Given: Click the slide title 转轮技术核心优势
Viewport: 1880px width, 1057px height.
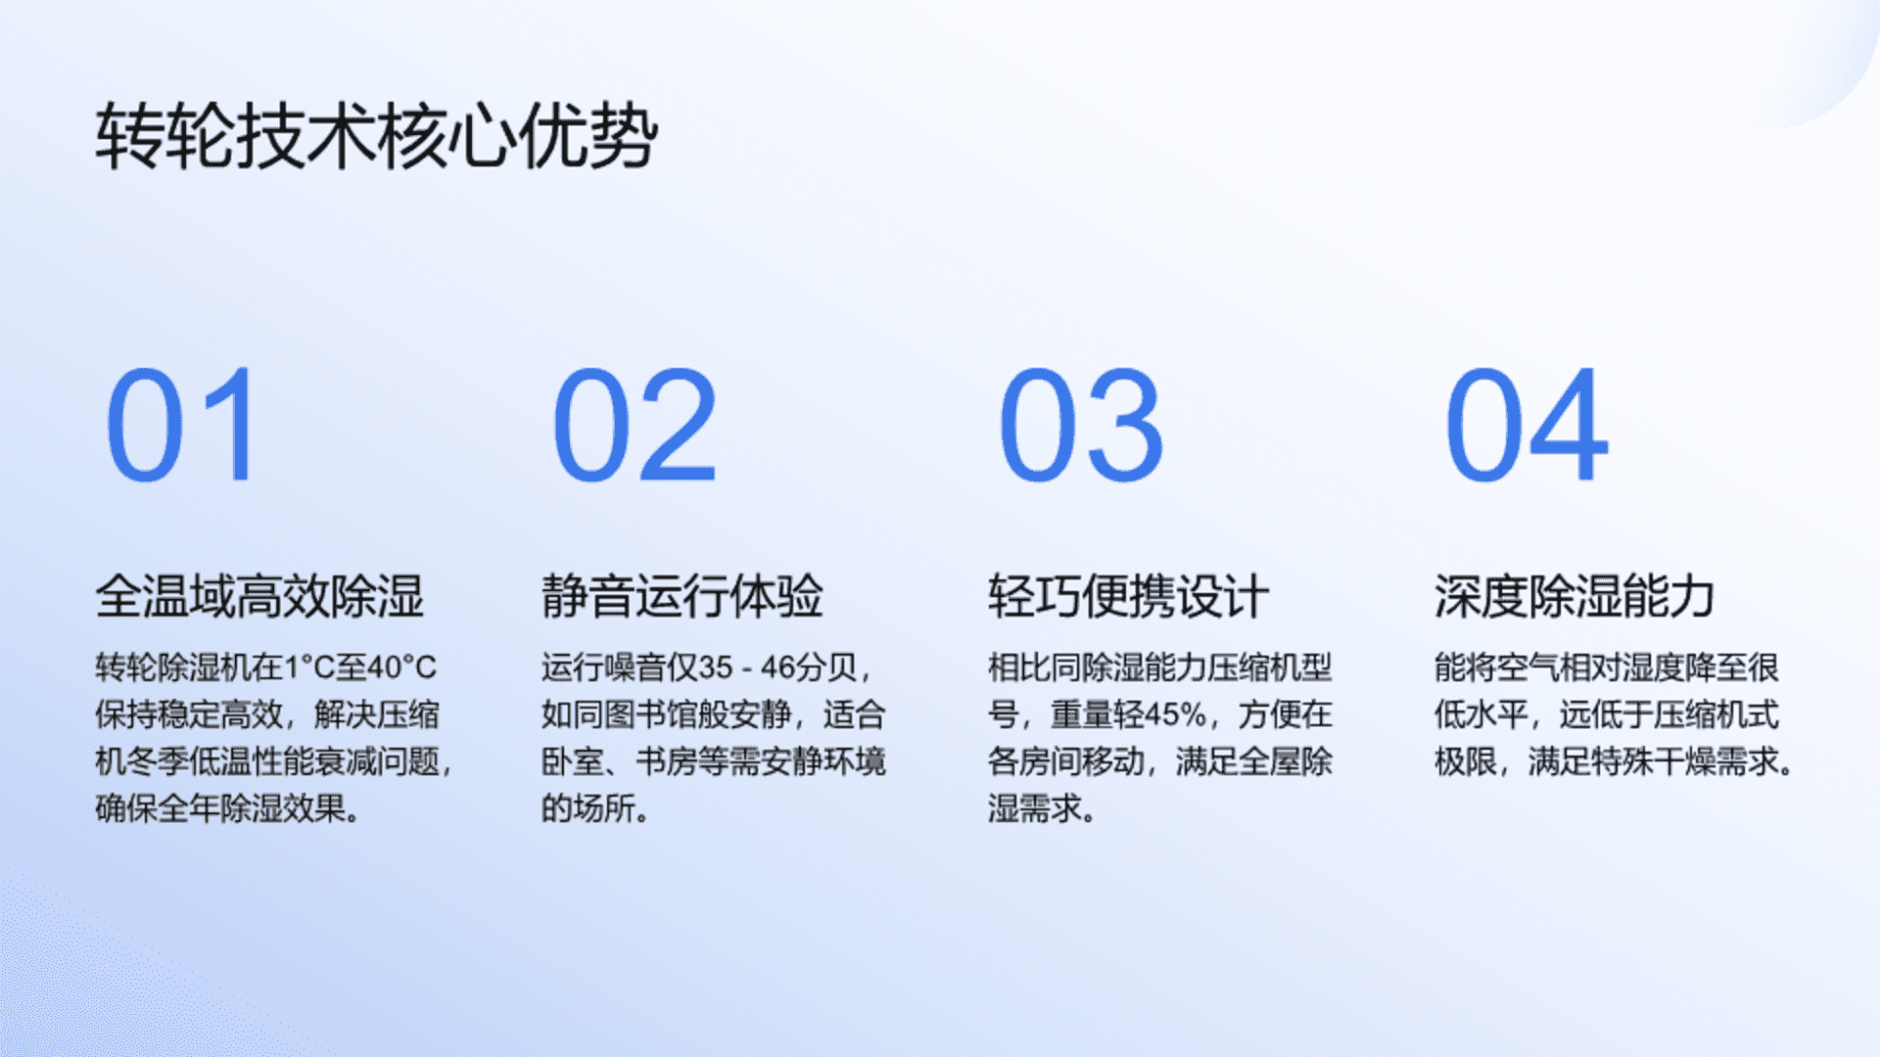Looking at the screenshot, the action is (x=377, y=136).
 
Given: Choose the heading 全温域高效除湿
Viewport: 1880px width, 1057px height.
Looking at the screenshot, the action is (x=259, y=596).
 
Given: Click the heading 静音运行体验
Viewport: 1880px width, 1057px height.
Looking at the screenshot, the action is (x=682, y=596).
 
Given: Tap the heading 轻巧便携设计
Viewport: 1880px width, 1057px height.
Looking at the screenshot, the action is (x=1129, y=596).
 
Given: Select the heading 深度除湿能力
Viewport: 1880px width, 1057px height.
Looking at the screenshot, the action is (x=1575, y=596).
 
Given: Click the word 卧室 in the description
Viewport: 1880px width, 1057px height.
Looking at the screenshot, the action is (x=573, y=761).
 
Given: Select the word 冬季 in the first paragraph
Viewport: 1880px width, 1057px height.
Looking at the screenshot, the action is (x=158, y=761).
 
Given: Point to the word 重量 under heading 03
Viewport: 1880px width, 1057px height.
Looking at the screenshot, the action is (x=1082, y=714).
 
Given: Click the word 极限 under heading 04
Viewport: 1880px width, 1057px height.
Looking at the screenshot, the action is (x=1466, y=761).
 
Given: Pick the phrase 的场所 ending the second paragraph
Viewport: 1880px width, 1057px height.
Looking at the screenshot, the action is (x=588, y=808).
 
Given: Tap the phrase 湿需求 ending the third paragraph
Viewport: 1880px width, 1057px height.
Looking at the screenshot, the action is (x=1035, y=808).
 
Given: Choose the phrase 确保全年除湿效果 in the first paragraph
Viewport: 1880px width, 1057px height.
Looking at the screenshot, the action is (x=220, y=808).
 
